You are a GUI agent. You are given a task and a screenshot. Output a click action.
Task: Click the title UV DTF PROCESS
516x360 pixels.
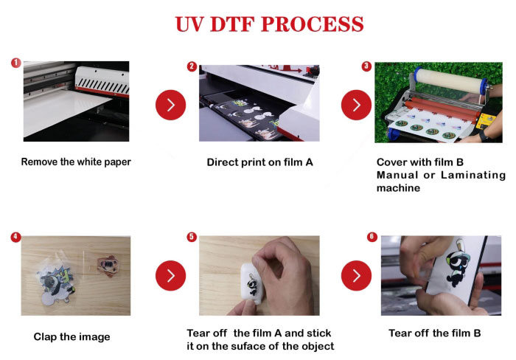pos(269,24)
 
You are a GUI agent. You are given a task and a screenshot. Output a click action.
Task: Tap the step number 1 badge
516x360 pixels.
pos(15,63)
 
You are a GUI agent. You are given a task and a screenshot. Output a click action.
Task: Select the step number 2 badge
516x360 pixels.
pos(192,66)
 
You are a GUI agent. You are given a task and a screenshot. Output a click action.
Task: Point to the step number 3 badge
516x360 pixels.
pos(366,66)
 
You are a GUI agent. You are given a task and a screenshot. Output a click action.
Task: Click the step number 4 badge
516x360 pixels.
pos(15,238)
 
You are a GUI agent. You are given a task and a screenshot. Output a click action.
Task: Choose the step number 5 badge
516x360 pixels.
pos(192,238)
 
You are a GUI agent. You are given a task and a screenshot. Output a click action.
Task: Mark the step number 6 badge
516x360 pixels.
pos(371,238)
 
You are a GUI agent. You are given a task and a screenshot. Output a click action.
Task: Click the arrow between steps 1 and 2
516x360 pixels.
pos(170,105)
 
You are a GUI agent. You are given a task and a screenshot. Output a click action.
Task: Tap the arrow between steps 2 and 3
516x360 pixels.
pos(356,105)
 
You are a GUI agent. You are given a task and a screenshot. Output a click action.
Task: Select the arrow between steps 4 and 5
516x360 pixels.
pos(170,276)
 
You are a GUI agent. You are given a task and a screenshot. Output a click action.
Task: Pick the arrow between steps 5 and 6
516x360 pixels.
pos(356,276)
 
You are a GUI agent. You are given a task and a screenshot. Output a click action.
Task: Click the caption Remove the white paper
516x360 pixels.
pos(76,162)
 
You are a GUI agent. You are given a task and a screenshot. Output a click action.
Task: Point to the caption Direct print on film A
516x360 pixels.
pos(259,162)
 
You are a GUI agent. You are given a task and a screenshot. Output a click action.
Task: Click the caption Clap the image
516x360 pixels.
pos(72,337)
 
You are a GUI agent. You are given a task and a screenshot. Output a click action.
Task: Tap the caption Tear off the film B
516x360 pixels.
pos(434,333)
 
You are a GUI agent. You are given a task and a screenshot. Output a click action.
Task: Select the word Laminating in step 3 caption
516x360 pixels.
pos(473,175)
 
